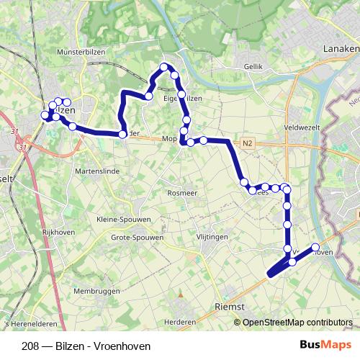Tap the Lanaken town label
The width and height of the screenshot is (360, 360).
341,48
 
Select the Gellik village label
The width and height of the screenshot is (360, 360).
254,66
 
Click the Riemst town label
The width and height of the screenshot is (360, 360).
230,306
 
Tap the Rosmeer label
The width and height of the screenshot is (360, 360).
182,194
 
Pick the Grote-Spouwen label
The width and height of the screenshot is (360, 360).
137,236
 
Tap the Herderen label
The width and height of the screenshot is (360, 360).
180,321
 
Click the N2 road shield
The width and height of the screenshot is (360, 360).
248,143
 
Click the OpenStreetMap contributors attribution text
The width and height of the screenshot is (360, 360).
297,323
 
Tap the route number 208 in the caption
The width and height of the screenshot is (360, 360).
30,346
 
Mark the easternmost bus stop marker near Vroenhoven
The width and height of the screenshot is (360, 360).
315,248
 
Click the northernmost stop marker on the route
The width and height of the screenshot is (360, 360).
163,67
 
